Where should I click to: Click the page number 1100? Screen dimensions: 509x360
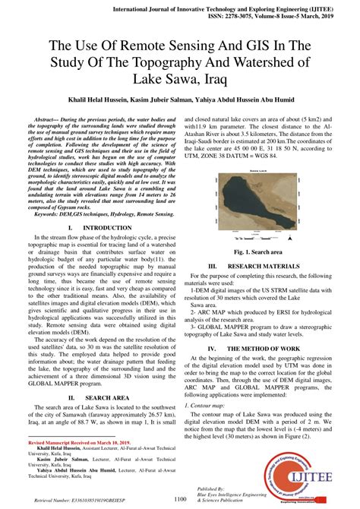coord(180,499)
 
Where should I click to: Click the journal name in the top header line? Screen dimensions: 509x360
coord(202,7)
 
